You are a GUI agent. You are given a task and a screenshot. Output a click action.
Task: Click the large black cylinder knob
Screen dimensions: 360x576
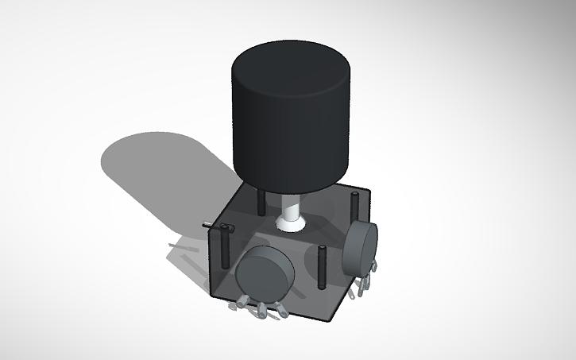(290, 135)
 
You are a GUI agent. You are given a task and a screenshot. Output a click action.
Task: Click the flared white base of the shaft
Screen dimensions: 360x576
(292, 224)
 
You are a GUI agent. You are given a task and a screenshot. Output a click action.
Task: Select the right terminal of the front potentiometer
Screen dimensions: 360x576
(280, 314)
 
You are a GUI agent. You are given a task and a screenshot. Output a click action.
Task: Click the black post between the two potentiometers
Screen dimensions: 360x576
(322, 267)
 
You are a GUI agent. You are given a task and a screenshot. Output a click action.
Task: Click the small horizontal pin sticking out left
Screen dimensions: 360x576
(208, 226)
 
